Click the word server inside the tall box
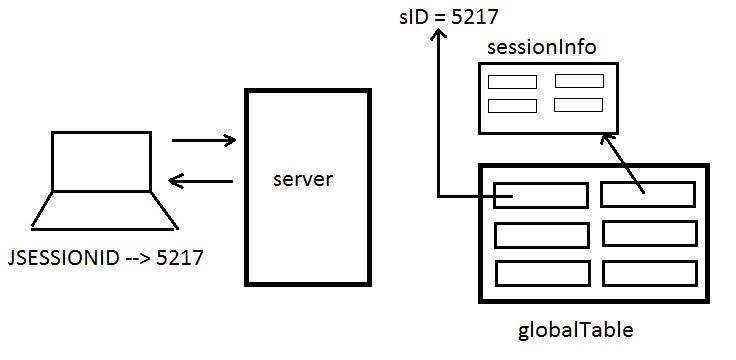click(x=302, y=181)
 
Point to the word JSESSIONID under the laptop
click(x=62, y=257)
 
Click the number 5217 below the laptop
click(x=180, y=257)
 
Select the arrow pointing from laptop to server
click(x=204, y=141)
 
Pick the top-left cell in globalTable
click(x=541, y=194)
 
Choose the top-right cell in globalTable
click(x=647, y=194)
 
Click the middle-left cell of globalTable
click(x=541, y=234)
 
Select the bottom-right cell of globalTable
click(x=647, y=272)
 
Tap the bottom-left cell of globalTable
click(x=541, y=272)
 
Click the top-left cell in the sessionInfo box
click(x=512, y=82)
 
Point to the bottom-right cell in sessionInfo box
click(x=578, y=105)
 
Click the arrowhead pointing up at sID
click(x=439, y=35)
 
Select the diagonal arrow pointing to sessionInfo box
click(x=625, y=160)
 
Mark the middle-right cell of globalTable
click(x=647, y=234)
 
